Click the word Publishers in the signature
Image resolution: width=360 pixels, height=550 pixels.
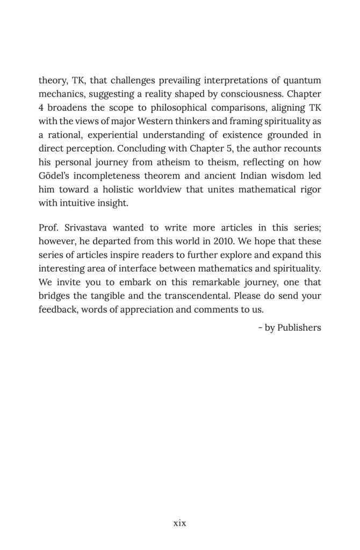pyautogui.click(x=299, y=327)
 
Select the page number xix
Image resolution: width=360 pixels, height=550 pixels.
pyautogui.click(x=179, y=523)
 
